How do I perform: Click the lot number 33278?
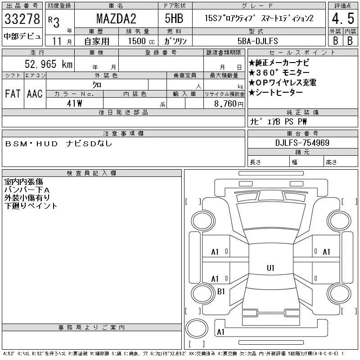pyautogui.click(x=22, y=19)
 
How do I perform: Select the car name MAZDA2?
pyautogui.click(x=116, y=18)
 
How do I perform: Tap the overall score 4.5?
pyautogui.click(x=343, y=18)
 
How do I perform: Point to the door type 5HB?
pyautogui.click(x=174, y=18)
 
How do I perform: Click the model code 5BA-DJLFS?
pyautogui.click(x=257, y=41)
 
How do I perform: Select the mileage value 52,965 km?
pyautogui.click(x=49, y=64)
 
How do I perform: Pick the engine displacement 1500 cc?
pyautogui.click(x=141, y=41)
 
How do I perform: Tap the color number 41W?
pyautogui.click(x=74, y=103)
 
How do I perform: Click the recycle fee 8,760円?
pyautogui.click(x=229, y=103)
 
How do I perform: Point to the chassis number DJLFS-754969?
pyautogui.click(x=302, y=143)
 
